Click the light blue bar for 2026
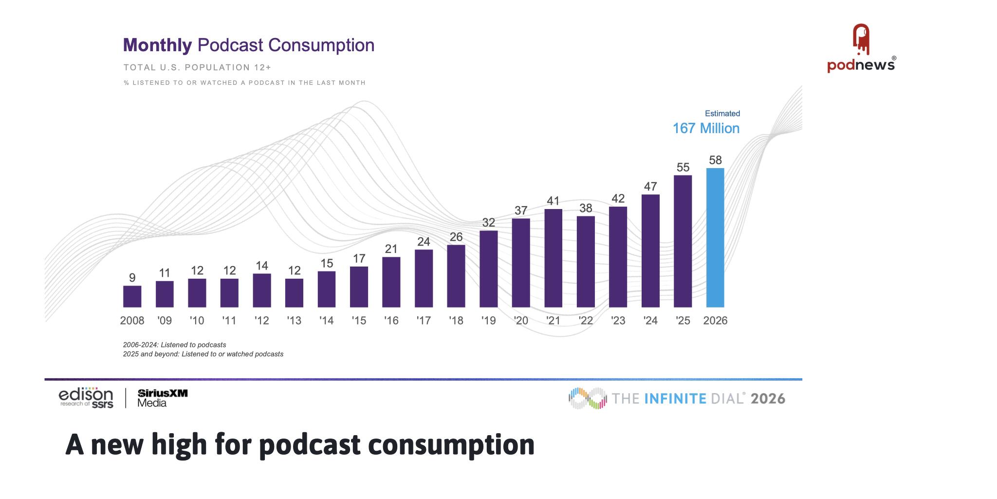(715, 238)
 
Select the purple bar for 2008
(132, 296)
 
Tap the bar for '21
(553, 258)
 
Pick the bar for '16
(391, 282)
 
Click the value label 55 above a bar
(683, 168)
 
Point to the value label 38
(586, 209)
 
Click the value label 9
(132, 278)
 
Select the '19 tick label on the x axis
(488, 321)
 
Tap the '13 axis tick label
(294, 321)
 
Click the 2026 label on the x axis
(715, 321)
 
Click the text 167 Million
(706, 129)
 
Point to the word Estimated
(722, 114)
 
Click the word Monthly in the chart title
(157, 45)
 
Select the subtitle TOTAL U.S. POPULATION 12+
(197, 67)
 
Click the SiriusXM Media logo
(162, 398)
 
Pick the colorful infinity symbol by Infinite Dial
(588, 398)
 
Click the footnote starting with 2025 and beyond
(203, 354)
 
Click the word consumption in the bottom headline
(451, 444)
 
